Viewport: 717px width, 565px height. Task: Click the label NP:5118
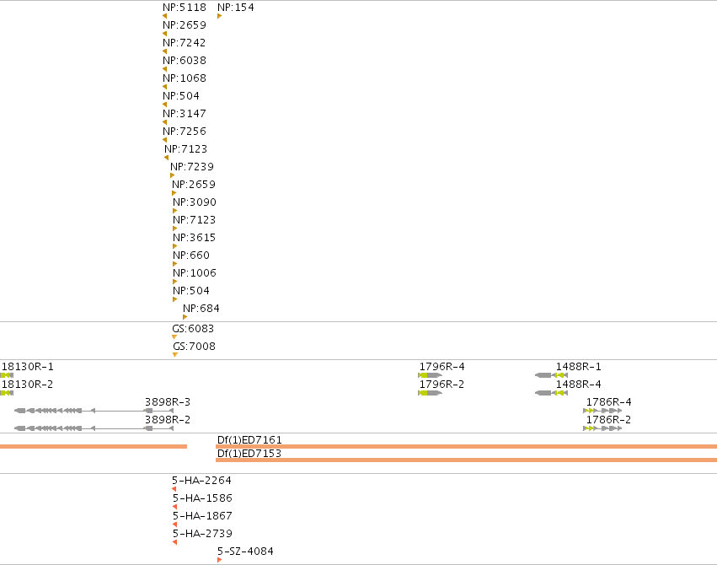click(185, 8)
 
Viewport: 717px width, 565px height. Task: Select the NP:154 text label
click(236, 8)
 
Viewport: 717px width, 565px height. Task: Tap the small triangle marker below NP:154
click(220, 17)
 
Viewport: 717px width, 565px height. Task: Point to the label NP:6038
click(185, 61)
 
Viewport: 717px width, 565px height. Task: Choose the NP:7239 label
click(192, 166)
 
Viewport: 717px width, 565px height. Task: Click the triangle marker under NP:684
click(185, 317)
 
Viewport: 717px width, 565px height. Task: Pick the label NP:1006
click(195, 272)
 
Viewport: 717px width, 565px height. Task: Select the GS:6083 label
click(193, 329)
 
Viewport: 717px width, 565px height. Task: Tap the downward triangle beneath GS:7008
click(175, 354)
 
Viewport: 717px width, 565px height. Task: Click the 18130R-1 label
click(28, 367)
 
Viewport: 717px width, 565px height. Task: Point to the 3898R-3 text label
click(168, 401)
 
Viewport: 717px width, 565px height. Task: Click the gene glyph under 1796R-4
click(430, 375)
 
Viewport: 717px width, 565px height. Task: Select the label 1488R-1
click(579, 367)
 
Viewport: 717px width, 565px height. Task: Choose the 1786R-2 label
click(608, 419)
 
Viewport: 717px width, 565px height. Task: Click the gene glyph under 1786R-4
click(602, 411)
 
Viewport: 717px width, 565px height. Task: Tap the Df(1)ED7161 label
click(249, 439)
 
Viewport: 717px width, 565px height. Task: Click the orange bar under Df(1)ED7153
click(467, 460)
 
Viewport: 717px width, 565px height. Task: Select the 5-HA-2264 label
click(201, 481)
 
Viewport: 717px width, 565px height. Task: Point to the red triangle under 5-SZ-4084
click(220, 560)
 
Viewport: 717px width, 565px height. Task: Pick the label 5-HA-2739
click(202, 534)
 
